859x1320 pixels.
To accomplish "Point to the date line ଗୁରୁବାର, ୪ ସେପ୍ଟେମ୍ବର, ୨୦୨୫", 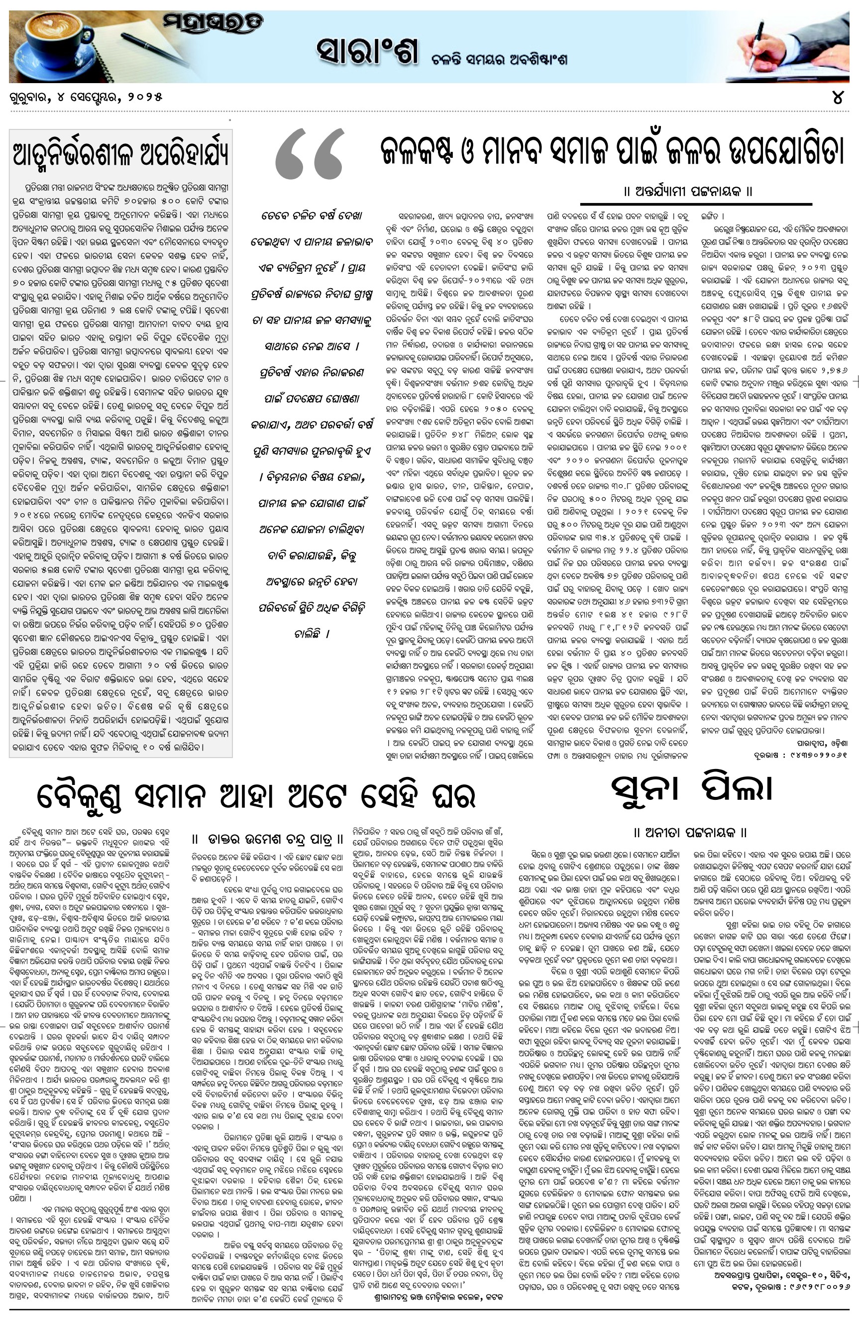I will pos(86,98).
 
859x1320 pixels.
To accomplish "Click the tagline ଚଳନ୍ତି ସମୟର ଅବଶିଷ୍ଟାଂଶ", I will pos(499,60).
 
